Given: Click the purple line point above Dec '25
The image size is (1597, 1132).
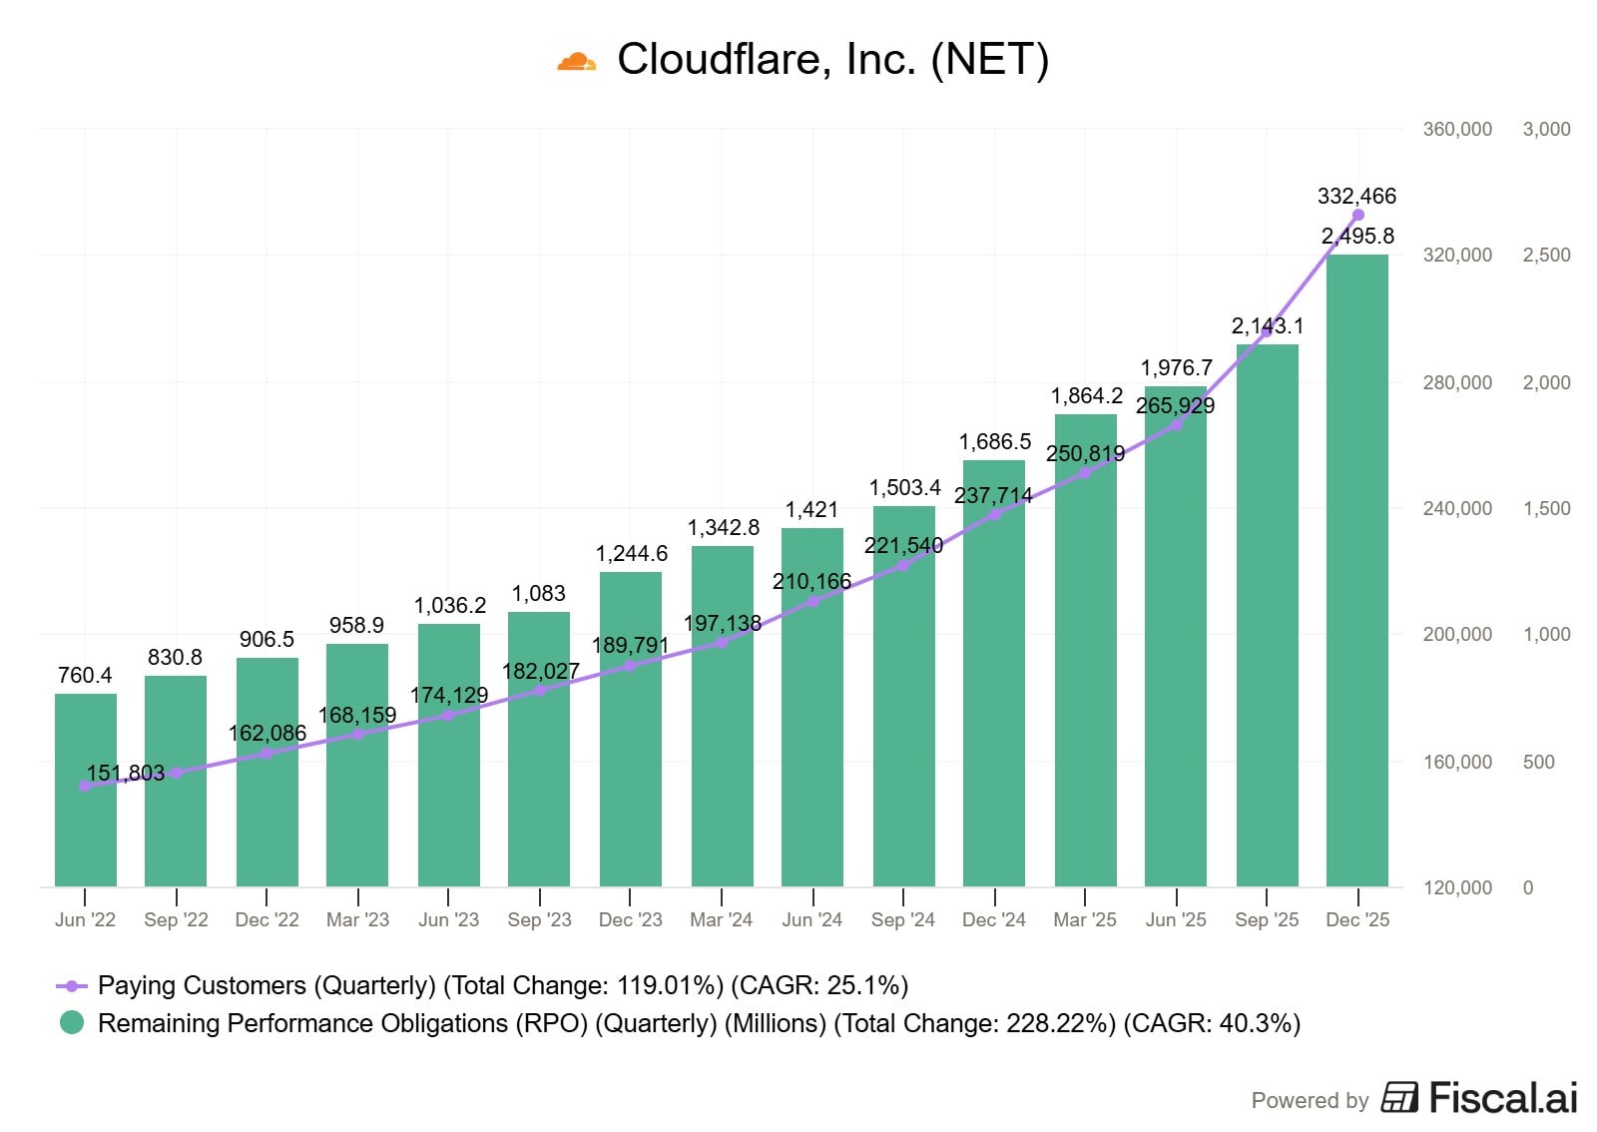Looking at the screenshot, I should tap(1357, 215).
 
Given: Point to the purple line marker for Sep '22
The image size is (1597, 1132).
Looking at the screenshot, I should tap(176, 773).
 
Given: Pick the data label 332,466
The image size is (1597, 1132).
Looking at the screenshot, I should tap(1356, 196).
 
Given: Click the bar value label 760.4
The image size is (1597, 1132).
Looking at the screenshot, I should tap(85, 675).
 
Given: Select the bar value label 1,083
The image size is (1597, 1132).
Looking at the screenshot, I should tap(539, 593).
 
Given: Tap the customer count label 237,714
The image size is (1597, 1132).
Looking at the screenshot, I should tap(993, 495).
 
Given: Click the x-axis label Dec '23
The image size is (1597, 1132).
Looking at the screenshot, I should tap(630, 919).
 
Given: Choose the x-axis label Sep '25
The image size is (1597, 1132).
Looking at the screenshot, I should tap(1267, 919).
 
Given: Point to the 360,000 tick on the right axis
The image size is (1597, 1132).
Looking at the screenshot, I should tap(1457, 129).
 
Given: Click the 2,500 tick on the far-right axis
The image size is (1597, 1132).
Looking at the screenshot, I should tap(1546, 255).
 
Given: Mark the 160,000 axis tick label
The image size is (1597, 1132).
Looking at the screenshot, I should tap(1457, 762).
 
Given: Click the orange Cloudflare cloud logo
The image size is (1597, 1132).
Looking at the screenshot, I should tap(576, 62).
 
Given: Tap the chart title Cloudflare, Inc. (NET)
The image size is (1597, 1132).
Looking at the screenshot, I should tap(832, 59).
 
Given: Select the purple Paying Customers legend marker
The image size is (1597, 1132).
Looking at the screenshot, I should tap(72, 986).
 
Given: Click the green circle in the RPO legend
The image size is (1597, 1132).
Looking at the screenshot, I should tap(72, 1023).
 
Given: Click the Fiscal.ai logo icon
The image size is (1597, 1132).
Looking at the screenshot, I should tap(1398, 1097).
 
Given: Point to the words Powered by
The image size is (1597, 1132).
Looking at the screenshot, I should tap(1310, 1100).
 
